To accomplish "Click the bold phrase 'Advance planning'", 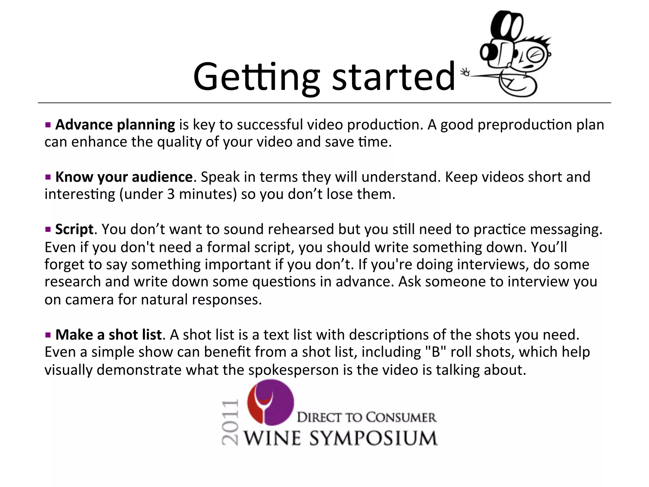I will click(115, 125).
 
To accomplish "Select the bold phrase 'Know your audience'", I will click(124, 177).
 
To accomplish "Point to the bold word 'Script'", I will click(74, 229).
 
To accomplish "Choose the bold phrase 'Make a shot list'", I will click(109, 335).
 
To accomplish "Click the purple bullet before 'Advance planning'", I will click(48, 125).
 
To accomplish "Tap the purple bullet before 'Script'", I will click(48, 230).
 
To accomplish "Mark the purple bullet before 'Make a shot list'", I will click(48, 335).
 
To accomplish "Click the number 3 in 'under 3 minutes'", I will click(171, 194).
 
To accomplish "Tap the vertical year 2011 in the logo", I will click(230, 422).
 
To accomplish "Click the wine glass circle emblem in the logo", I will click(270, 402).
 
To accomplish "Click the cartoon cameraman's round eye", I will click(535, 56).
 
